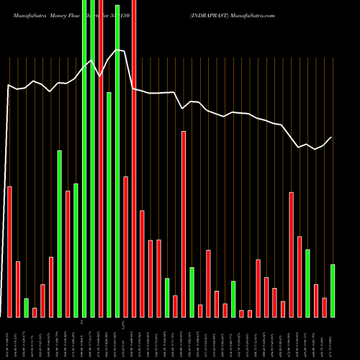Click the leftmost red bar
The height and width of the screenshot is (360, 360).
[x=9, y=251]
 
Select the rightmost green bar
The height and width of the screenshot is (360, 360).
[x=333, y=291]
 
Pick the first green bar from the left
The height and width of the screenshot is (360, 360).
[x=26, y=307]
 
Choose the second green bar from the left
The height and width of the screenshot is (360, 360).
[x=59, y=233]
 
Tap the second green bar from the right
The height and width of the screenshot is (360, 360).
[x=307, y=283]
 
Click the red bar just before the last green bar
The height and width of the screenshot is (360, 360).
[x=324, y=307]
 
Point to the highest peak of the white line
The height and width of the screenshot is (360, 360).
[x=117, y=50]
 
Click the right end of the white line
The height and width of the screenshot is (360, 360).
[x=332, y=137]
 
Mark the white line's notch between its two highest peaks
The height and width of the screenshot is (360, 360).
[x=100, y=75]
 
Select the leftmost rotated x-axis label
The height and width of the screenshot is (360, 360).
[x=9, y=338]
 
